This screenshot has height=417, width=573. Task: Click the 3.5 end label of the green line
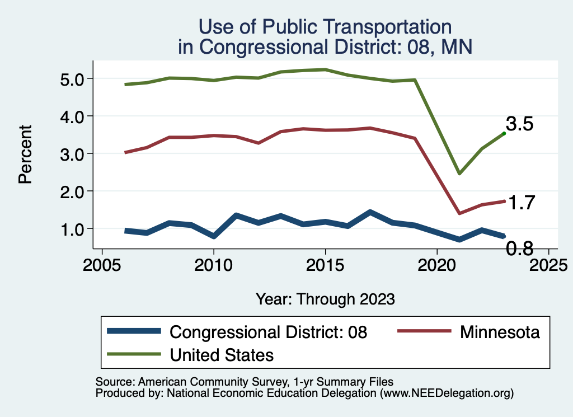519,124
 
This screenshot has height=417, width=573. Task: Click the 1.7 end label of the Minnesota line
519,203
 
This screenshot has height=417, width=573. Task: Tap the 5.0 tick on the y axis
73,79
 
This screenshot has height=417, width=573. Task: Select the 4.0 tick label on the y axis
73,116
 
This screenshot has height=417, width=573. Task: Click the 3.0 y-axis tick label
73,154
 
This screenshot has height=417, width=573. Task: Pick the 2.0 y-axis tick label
73,191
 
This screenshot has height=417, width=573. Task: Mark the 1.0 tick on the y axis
73,229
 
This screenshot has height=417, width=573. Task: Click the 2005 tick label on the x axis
102,264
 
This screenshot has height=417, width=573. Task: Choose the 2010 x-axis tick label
213,264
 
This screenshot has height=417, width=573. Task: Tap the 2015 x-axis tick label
325,264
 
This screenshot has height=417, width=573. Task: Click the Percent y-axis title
24,154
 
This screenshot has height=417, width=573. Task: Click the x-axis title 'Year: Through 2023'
325,299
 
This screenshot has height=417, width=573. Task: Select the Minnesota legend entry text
500,332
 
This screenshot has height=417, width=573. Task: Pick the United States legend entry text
222,354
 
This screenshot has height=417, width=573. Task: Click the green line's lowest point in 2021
459,174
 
